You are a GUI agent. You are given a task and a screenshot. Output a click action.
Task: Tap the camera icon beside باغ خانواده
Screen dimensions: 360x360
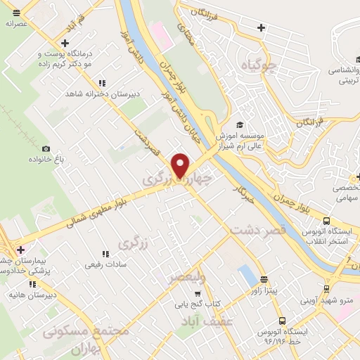point(46,148)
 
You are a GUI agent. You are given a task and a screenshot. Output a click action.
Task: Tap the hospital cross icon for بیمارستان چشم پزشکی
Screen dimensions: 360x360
point(20,249)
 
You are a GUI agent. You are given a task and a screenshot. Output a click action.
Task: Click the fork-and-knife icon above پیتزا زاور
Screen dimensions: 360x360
point(264,279)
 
